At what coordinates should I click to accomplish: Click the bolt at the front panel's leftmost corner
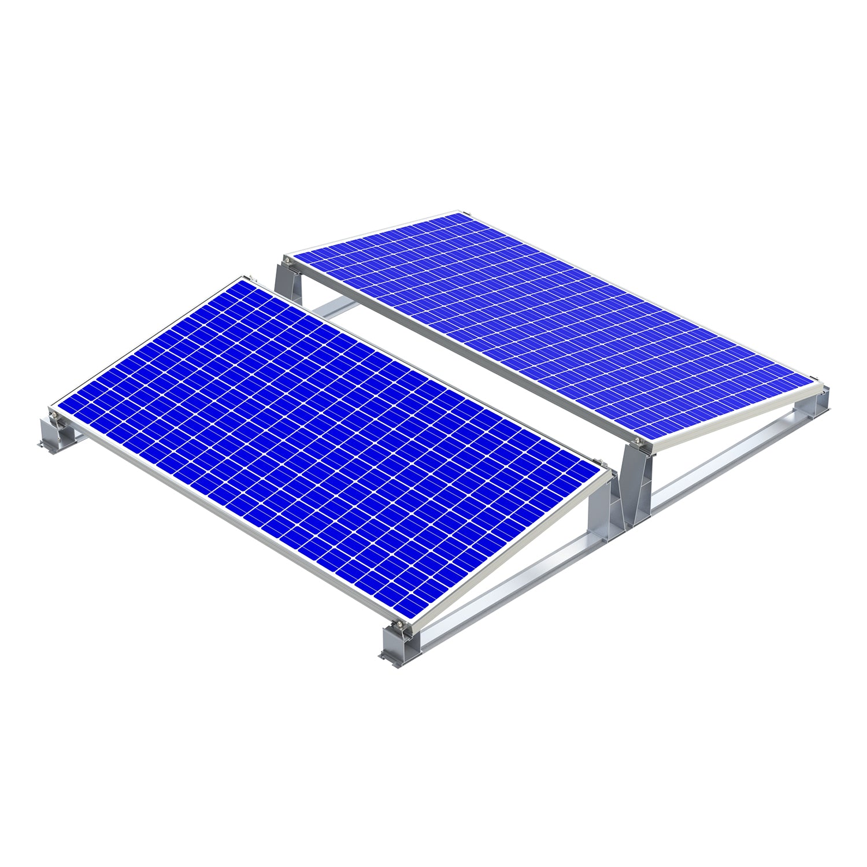pos(53,414)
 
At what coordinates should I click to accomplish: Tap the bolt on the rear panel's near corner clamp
pos(638,442)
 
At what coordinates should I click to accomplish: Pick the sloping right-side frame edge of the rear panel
pos(734,416)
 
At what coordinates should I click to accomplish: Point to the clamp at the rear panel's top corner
pos(460,212)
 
